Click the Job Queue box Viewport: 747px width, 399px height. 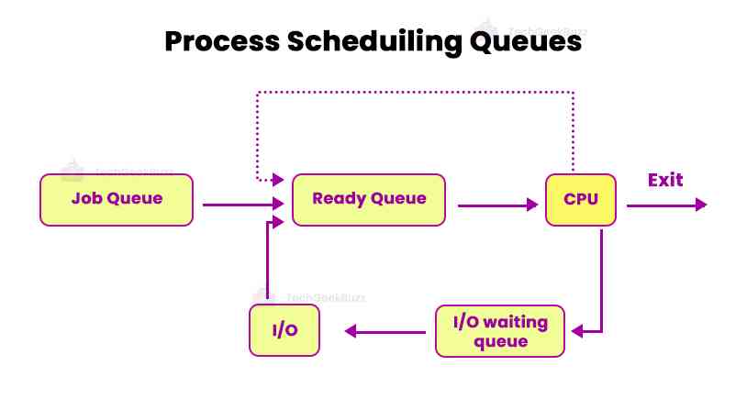click(117, 199)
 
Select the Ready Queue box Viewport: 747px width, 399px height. click(369, 199)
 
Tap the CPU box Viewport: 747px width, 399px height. click(580, 199)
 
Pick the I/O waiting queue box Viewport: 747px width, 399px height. click(500, 331)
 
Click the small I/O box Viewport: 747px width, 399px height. click(284, 331)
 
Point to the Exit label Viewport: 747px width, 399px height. click(665, 179)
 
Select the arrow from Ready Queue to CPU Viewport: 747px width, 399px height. click(496, 205)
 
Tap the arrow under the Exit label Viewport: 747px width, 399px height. click(666, 205)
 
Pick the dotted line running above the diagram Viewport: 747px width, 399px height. click(413, 92)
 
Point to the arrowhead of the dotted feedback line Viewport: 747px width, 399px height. click(281, 180)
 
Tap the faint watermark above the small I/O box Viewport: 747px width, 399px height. click(312, 297)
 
